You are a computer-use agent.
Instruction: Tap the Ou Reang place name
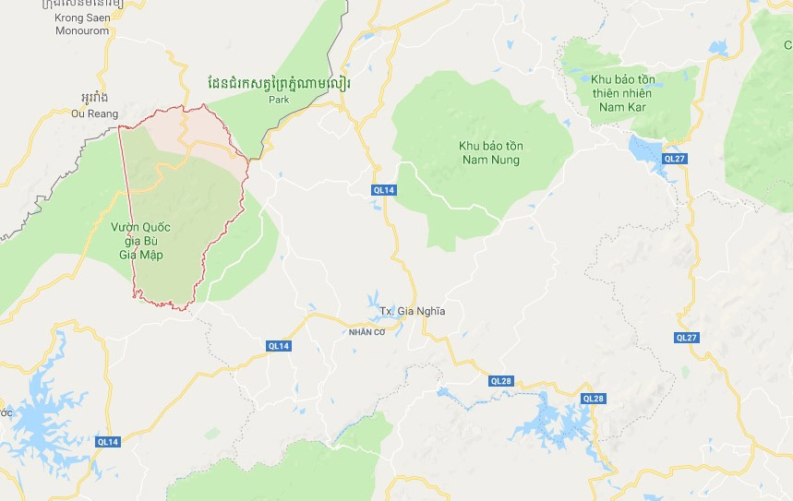[x=95, y=113]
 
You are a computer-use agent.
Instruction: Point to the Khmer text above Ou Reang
[x=94, y=97]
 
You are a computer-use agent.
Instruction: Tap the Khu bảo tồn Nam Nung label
[x=488, y=153]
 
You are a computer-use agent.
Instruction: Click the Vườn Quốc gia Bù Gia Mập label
[x=141, y=242]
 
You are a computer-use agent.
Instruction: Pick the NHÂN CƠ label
[x=367, y=331]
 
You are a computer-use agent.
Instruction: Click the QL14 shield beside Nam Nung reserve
[x=384, y=190]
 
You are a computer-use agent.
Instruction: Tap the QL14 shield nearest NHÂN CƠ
[x=278, y=345]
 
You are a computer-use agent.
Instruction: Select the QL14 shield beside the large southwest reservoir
[x=109, y=442]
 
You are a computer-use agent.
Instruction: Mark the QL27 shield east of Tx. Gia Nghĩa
[x=686, y=338]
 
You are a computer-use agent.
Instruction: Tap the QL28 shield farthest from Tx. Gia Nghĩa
[x=593, y=399]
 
